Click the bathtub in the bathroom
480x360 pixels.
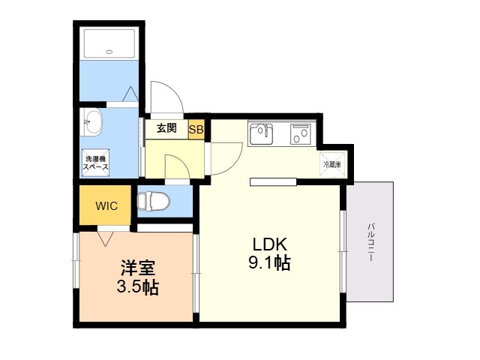[x=109, y=44]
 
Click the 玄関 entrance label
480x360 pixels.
[x=166, y=128]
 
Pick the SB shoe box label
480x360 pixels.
[x=195, y=129]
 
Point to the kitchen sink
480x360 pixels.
[x=262, y=134]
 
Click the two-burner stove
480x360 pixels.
[x=301, y=134]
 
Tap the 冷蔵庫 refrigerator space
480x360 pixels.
[x=331, y=163]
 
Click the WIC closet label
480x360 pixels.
[x=104, y=205]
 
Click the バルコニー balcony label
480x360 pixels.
[x=370, y=241]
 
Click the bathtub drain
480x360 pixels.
[x=109, y=52]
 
